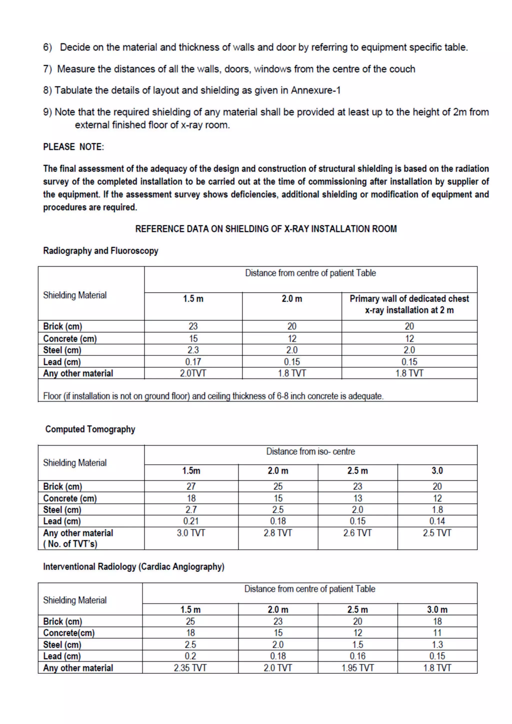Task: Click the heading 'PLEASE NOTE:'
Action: [73, 147]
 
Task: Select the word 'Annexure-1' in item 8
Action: [315, 90]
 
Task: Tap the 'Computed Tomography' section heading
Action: [90, 429]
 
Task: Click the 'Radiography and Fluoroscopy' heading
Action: [100, 251]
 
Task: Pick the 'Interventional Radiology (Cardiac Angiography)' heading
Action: [134, 567]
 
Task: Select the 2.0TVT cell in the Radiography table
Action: [193, 373]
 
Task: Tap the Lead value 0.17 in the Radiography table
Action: [193, 362]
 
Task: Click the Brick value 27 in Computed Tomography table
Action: [191, 486]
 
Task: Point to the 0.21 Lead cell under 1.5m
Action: [191, 521]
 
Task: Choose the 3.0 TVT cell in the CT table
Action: [191, 533]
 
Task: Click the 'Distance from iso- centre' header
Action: [310, 451]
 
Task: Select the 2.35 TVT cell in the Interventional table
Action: [190, 668]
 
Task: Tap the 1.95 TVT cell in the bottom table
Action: [357, 668]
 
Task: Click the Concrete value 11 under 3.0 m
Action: [437, 633]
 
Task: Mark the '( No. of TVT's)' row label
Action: [70, 544]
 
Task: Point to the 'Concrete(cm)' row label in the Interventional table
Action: [69, 633]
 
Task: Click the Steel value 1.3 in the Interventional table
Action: [437, 644]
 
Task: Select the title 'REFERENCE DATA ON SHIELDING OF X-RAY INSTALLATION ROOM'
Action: [266, 229]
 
